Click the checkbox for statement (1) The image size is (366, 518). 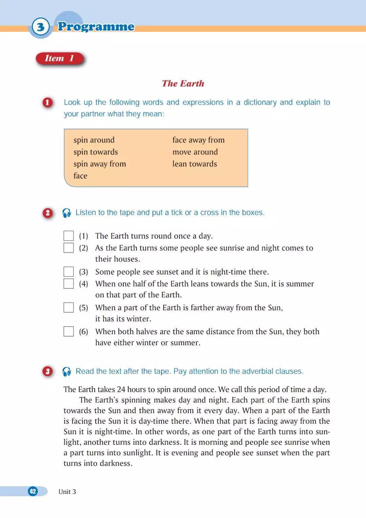pos(68,236)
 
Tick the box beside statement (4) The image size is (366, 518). pos(68,283)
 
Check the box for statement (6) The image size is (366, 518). pos(68,331)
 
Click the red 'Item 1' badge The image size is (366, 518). pos(60,58)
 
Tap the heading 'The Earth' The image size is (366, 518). pos(183,84)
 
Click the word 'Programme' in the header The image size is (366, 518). pos(96,26)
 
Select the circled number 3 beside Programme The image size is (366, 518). pos(40,26)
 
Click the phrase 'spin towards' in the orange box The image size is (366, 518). pos(96,152)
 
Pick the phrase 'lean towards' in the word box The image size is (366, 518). pos(195,164)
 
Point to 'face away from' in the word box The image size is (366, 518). pos(198,140)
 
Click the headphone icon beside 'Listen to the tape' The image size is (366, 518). pos(67,213)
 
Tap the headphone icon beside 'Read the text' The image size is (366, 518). pos(67,372)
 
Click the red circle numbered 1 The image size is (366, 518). pos(47,103)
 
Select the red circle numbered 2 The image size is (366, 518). pos(47,213)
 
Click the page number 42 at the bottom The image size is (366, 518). pos(33,491)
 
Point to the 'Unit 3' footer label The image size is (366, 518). pos(67,492)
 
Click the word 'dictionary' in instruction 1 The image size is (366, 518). pos(260,102)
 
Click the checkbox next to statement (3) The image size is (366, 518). pos(68,272)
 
